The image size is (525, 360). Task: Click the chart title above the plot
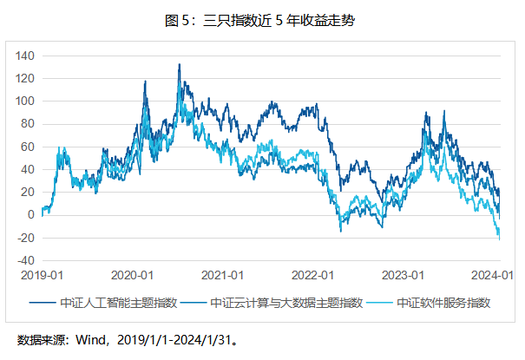(262, 20)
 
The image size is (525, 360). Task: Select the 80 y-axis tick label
(27, 124)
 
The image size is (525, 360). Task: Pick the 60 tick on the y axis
(27, 147)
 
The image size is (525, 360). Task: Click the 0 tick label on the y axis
(30, 215)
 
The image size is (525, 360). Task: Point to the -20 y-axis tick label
(25, 238)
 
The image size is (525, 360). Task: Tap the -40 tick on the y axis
(25, 260)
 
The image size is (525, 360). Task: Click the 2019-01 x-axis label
(40, 275)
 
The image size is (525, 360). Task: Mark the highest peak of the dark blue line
(179, 64)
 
